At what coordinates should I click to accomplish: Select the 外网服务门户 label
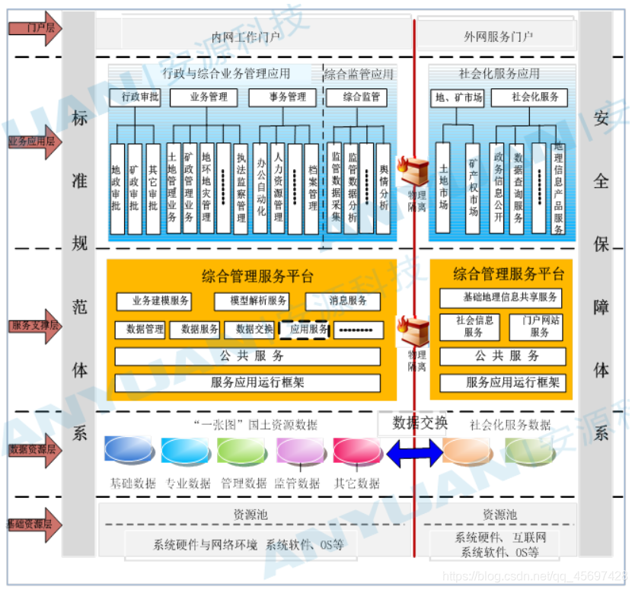point(498,36)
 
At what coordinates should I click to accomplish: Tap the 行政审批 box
point(135,97)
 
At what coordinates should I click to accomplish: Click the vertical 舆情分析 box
point(383,187)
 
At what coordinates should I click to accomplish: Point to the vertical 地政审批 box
point(116,189)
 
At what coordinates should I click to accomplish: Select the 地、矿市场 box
point(458,97)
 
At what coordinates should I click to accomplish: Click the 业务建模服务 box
point(153,301)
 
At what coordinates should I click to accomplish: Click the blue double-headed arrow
point(414,453)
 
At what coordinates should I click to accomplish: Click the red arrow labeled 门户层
point(35,28)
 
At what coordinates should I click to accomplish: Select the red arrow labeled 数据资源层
point(35,450)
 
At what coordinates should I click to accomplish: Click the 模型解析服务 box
point(250,301)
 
